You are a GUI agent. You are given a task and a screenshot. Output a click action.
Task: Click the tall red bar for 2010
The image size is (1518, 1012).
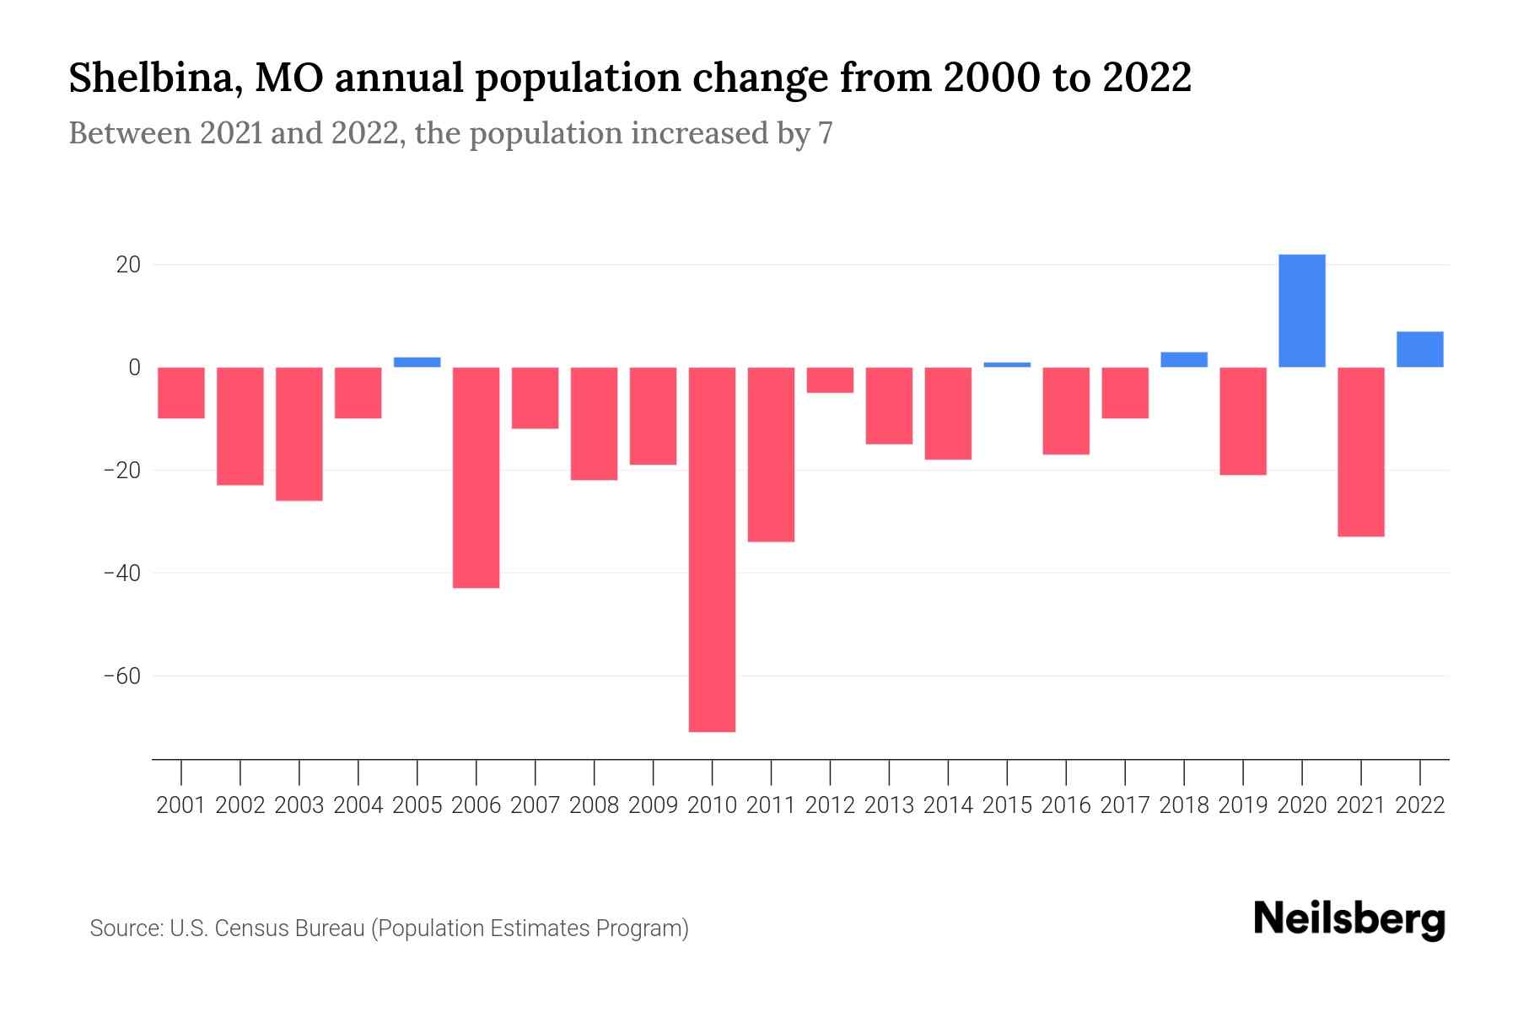pos(712,548)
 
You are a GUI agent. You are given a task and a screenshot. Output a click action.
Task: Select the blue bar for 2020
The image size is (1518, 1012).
pos(1301,310)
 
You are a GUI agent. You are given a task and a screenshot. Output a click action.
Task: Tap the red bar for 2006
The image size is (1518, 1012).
pos(476,476)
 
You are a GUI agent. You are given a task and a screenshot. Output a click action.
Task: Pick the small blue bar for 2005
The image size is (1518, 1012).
pos(417,362)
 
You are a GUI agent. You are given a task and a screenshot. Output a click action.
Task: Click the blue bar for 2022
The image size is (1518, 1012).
pos(1419,349)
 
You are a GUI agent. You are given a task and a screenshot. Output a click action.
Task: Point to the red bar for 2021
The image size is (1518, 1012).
pos(1360,451)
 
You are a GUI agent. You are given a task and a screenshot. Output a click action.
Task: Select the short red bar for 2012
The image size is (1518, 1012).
pos(830,379)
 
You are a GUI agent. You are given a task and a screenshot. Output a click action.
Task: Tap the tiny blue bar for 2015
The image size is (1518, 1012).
pos(1007,364)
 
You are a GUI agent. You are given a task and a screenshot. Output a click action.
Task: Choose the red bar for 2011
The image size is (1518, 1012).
pos(771,454)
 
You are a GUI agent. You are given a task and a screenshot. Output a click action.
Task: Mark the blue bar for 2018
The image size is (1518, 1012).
pos(1183,359)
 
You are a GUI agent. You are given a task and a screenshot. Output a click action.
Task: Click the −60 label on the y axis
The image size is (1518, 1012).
pos(121,676)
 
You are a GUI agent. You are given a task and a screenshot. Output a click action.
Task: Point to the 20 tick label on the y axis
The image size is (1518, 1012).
pos(128,265)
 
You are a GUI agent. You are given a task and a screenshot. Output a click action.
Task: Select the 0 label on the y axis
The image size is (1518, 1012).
pos(134,368)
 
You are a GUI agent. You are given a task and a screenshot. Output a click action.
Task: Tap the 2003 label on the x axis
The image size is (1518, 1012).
pos(299,805)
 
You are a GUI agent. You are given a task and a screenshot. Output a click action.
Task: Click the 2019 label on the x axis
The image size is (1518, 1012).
pos(1242,805)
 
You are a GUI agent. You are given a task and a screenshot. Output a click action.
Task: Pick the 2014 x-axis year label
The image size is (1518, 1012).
pos(948,805)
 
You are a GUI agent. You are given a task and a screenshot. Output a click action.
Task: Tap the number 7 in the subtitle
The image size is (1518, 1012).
pos(825,133)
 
